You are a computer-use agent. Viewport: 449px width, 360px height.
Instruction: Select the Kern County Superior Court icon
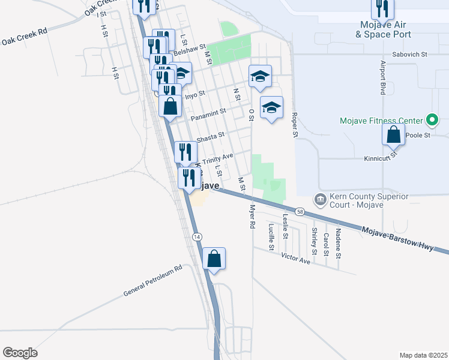pyautogui.click(x=320, y=199)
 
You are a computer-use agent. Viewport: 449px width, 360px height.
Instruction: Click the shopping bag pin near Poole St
pyautogui.click(x=393, y=134)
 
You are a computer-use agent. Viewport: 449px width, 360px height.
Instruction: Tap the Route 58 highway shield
pyautogui.click(x=300, y=212)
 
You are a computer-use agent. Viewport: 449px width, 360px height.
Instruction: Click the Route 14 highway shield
pyautogui.click(x=197, y=237)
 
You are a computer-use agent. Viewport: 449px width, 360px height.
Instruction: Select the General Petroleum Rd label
pyautogui.click(x=152, y=281)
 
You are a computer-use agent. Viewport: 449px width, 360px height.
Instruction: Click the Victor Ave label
pyautogui.click(x=296, y=258)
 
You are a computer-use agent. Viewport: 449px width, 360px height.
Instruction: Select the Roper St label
pyautogui.click(x=295, y=124)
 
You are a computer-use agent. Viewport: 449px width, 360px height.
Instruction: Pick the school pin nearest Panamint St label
pyautogui.click(x=271, y=108)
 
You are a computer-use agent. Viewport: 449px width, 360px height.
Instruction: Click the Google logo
pyautogui.click(x=20, y=353)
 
